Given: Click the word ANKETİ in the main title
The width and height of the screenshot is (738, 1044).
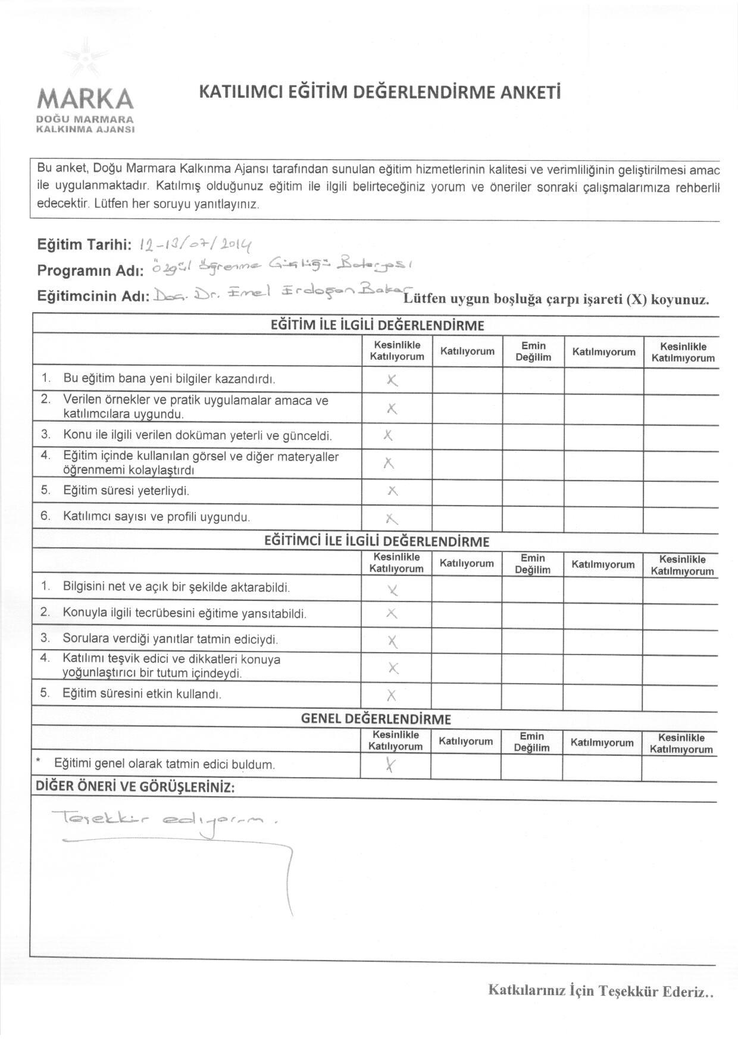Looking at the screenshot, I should pyautogui.click(x=530, y=92).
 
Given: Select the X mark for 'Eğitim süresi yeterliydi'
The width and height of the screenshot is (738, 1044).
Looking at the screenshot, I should pyautogui.click(x=392, y=491).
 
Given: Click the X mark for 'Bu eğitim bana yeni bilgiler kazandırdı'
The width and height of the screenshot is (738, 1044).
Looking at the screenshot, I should pyautogui.click(x=392, y=380).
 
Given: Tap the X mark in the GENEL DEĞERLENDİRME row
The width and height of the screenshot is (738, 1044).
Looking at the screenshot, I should pyautogui.click(x=390, y=765).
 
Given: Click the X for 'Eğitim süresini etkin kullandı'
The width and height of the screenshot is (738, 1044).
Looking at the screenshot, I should pyautogui.click(x=391, y=695).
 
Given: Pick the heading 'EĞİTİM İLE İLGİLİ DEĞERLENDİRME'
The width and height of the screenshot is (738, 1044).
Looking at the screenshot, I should pyautogui.click(x=377, y=325).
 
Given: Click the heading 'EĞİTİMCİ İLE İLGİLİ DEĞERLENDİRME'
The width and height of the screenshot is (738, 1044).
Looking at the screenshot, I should pyautogui.click(x=376, y=541).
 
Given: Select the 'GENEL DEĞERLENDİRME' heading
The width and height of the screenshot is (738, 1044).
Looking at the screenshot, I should pyautogui.click(x=376, y=718).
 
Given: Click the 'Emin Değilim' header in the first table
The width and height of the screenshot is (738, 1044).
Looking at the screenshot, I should pyautogui.click(x=533, y=351).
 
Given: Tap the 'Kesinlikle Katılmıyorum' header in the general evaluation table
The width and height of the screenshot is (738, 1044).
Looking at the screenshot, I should pyautogui.click(x=681, y=743).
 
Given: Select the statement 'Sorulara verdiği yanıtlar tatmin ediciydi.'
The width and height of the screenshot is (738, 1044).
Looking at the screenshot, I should pyautogui.click(x=170, y=640).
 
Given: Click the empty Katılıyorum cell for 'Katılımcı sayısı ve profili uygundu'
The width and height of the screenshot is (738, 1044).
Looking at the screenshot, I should pyautogui.click(x=467, y=518).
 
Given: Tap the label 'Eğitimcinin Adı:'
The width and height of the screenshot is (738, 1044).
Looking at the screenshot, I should pyautogui.click(x=93, y=296).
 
